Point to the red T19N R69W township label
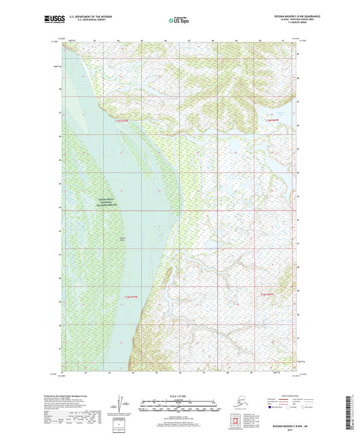[x=272, y=120]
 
